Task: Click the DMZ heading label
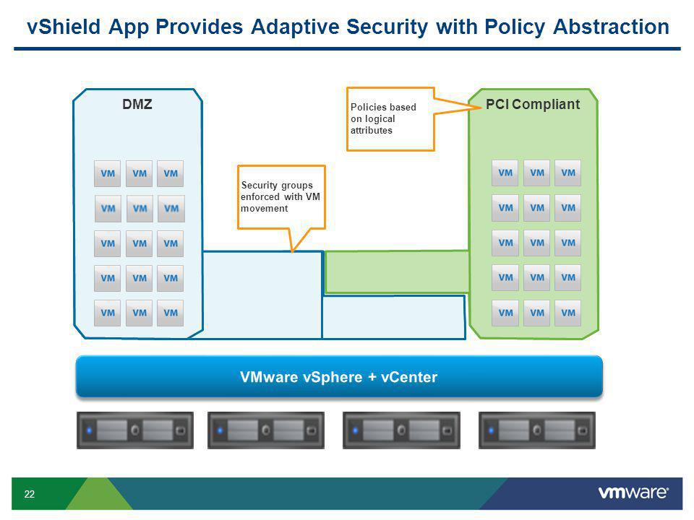pyautogui.click(x=137, y=104)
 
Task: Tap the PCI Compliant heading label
pyautogui.click(x=533, y=104)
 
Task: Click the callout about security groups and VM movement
pyautogui.click(x=281, y=196)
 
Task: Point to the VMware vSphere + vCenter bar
pyautogui.click(x=339, y=377)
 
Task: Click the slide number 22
pyautogui.click(x=29, y=494)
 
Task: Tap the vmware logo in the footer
pyautogui.click(x=633, y=493)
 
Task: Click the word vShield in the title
pyautogui.click(x=64, y=27)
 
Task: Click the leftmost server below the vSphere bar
pyautogui.click(x=135, y=430)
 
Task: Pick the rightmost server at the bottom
pyautogui.click(x=537, y=430)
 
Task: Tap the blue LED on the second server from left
pyautogui.click(x=220, y=430)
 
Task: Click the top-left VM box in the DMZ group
pyautogui.click(x=108, y=173)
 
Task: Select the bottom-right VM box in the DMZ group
pyautogui.click(x=171, y=313)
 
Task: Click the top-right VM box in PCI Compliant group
pyautogui.click(x=568, y=173)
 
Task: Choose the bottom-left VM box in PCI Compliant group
pyautogui.click(x=505, y=313)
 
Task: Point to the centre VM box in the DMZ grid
pyautogui.click(x=140, y=243)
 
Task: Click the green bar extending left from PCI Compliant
pyautogui.click(x=397, y=272)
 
